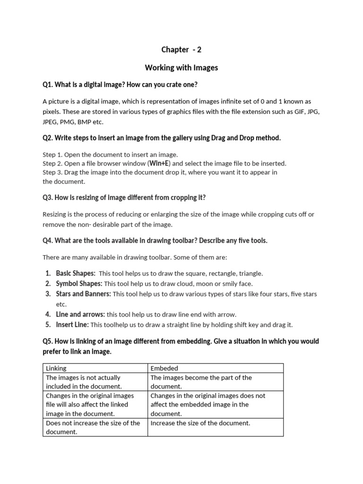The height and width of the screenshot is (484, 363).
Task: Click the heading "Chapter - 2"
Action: [x=181, y=50]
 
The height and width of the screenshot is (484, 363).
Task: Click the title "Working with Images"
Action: [x=181, y=68]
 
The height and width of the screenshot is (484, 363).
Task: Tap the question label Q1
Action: [x=47, y=85]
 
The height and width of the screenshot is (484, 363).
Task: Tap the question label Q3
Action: [x=47, y=197]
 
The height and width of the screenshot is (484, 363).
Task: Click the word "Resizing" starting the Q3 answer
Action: [x=55, y=214]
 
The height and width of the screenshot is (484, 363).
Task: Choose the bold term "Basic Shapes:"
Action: [x=76, y=273]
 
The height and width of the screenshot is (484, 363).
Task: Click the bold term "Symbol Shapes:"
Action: [x=79, y=284]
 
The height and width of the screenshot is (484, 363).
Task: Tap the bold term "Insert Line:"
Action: [x=72, y=325]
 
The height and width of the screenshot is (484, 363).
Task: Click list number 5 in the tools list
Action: [x=48, y=325]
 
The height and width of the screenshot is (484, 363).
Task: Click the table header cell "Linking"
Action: [x=56, y=368]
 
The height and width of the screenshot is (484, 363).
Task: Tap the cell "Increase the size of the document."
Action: [x=200, y=423]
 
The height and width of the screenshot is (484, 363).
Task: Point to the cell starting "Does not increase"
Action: [x=93, y=427]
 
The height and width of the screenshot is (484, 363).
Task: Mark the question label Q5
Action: [x=47, y=341]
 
